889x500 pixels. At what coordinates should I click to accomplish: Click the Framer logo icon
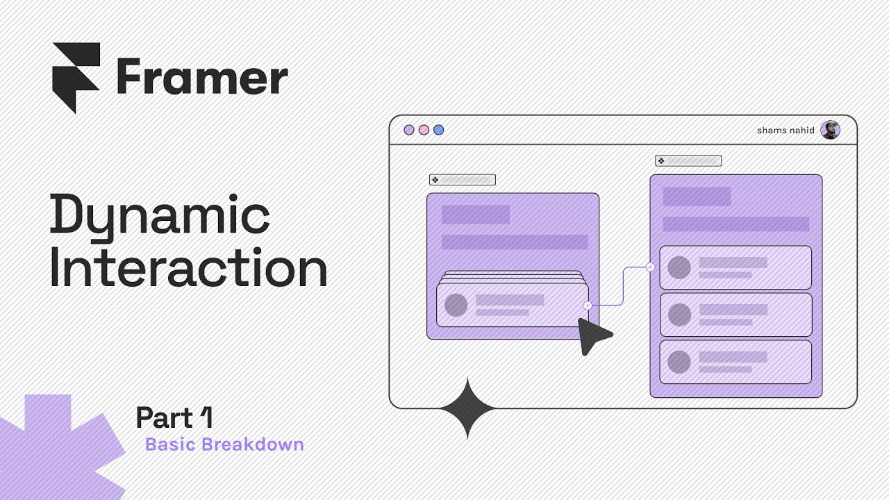76,76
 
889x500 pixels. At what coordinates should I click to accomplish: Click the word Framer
202,78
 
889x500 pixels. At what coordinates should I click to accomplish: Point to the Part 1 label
174,418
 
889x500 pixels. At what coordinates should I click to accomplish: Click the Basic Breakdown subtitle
224,444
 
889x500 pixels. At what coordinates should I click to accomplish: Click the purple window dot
409,130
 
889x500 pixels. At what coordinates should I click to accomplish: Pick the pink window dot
424,130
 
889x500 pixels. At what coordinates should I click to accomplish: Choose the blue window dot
438,130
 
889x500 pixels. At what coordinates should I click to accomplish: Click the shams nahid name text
786,131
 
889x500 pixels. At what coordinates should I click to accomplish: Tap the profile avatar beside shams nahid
830,130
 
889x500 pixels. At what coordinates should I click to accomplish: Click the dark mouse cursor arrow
592,335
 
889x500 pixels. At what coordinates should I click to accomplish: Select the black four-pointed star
468,408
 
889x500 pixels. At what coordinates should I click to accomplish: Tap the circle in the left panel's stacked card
456,306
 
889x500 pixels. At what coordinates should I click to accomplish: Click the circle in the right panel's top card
679,268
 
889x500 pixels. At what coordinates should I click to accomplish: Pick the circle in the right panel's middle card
679,315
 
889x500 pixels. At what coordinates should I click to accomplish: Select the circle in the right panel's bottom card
679,362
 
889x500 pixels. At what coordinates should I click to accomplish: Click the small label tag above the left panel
462,180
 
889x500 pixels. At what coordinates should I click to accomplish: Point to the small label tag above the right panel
688,161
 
